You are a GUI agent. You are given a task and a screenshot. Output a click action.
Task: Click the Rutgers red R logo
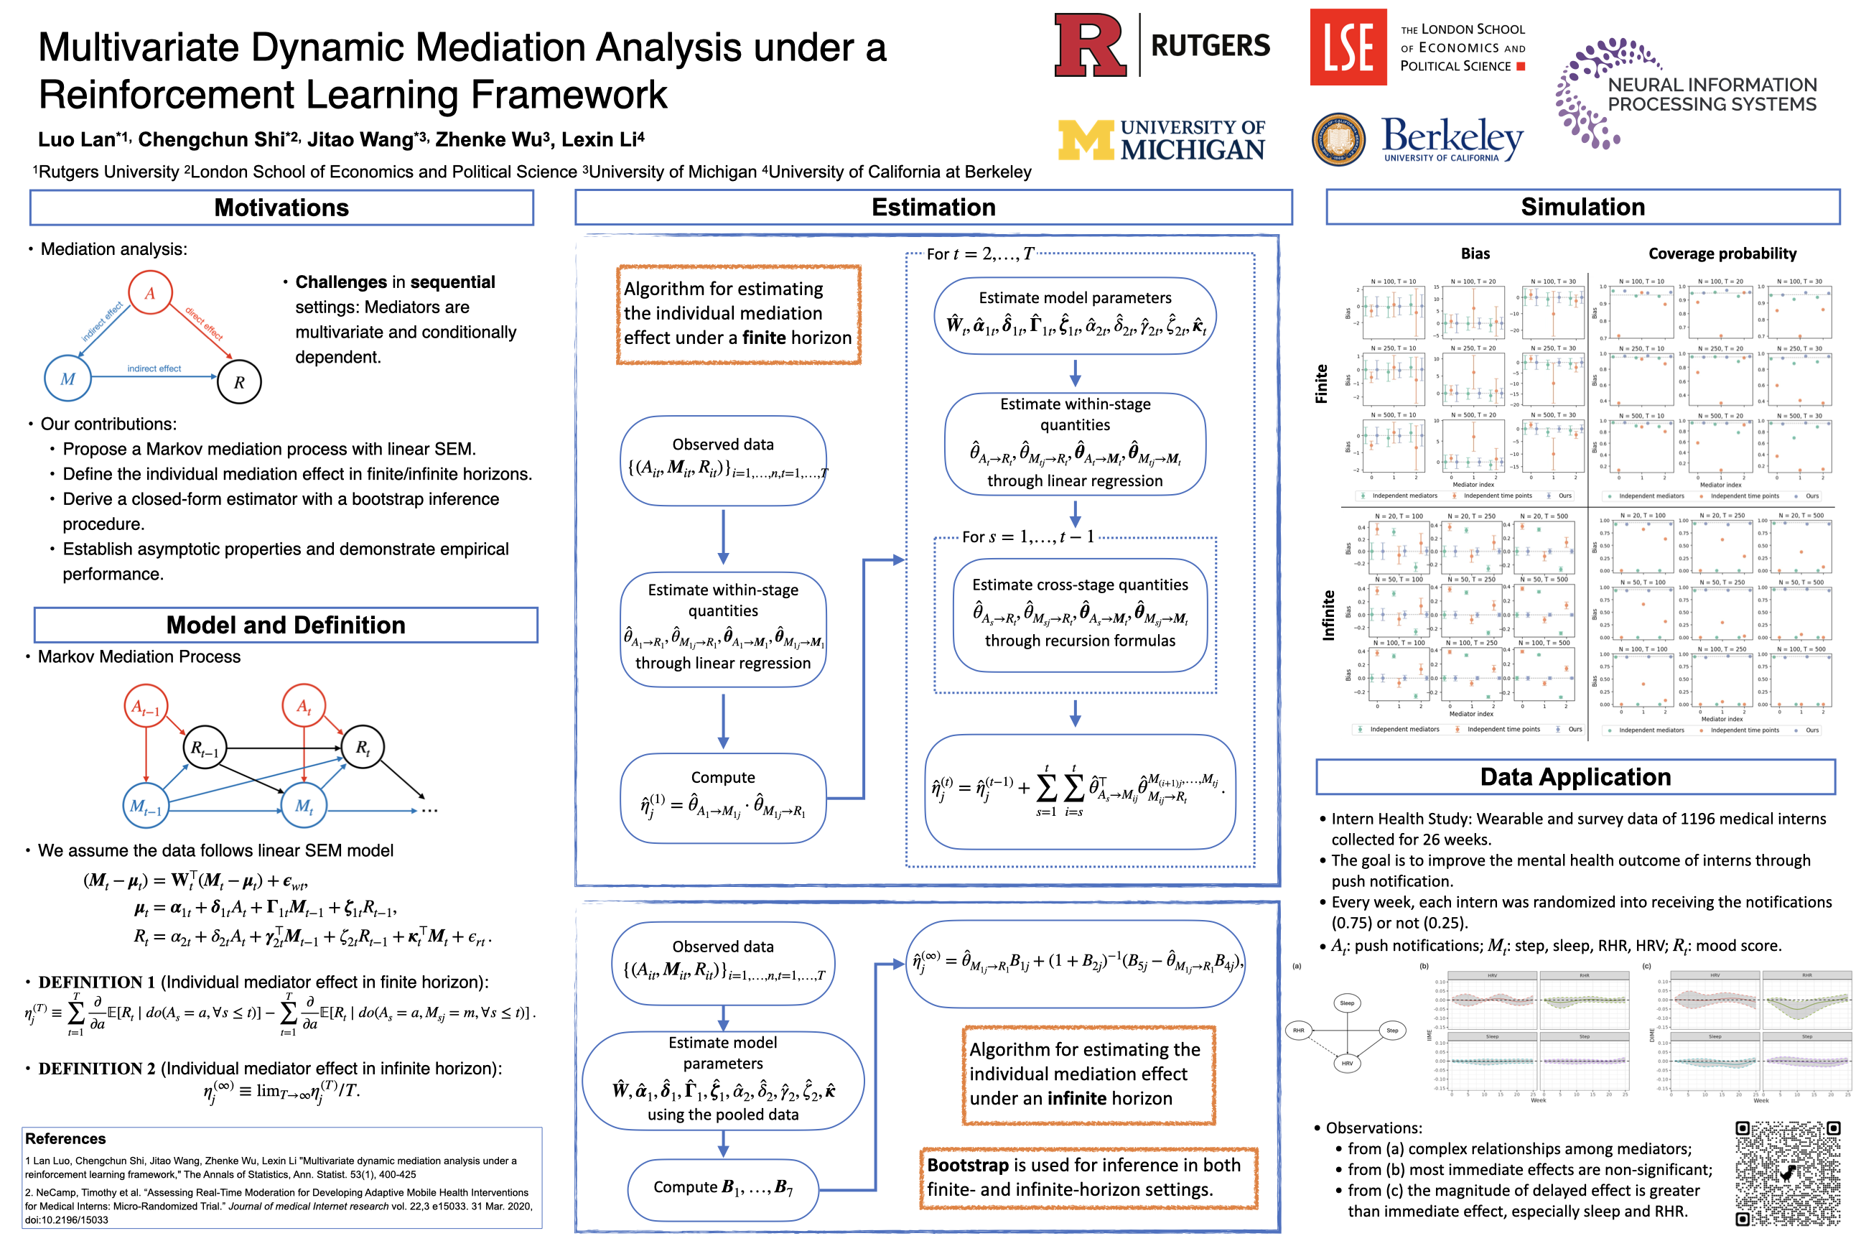pyautogui.click(x=1090, y=45)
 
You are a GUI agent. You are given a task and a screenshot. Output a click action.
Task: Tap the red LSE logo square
pyautogui.click(x=1348, y=47)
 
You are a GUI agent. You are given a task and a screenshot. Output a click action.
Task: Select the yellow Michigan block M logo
pyautogui.click(x=1085, y=140)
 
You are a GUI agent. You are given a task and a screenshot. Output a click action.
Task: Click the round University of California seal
pyautogui.click(x=1338, y=140)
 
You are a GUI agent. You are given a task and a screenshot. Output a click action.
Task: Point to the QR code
pyautogui.click(x=1788, y=1173)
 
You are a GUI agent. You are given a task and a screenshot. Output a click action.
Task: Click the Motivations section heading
pyautogui.click(x=281, y=208)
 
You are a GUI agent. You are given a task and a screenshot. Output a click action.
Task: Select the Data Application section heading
pyautogui.click(x=1575, y=776)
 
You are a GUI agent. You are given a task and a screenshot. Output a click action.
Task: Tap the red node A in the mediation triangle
pyautogui.click(x=150, y=293)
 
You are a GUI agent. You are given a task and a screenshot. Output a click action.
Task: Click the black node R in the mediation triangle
pyautogui.click(x=239, y=382)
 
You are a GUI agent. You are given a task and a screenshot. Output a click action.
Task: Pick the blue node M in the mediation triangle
pyautogui.click(x=68, y=379)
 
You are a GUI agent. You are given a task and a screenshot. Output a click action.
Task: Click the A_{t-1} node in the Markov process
pyautogui.click(x=146, y=706)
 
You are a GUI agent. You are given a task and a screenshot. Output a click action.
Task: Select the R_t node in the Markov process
pyautogui.click(x=363, y=747)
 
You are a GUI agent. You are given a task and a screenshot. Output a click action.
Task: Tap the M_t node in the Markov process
pyautogui.click(x=304, y=806)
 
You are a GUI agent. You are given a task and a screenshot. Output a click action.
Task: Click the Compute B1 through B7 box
pyautogui.click(x=722, y=1187)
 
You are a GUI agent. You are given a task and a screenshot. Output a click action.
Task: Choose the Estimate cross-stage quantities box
pyautogui.click(x=1079, y=613)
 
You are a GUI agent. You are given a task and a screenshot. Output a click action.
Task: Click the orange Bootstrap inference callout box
pyautogui.click(x=1088, y=1177)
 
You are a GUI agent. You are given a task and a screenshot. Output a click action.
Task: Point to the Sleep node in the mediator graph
pyautogui.click(x=1347, y=1003)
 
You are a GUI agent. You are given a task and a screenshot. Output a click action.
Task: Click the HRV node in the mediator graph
pyautogui.click(x=1347, y=1063)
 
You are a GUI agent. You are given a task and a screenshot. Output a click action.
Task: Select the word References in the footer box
pyautogui.click(x=65, y=1138)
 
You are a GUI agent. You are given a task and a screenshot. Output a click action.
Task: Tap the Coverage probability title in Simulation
pyautogui.click(x=1722, y=254)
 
